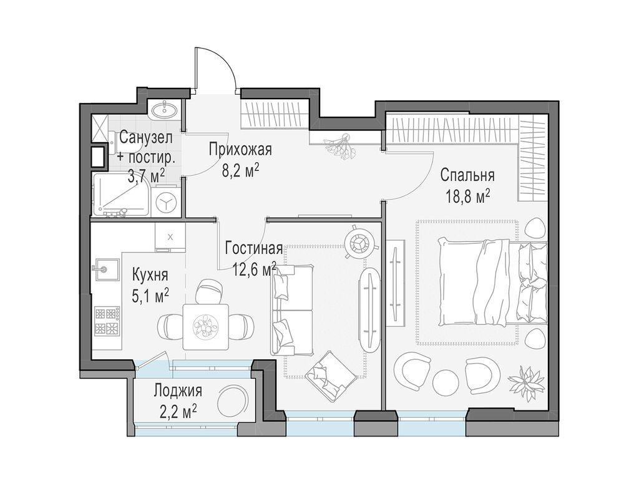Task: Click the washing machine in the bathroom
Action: tap(167, 203)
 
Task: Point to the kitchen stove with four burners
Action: tap(107, 321)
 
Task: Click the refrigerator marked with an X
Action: tap(170, 237)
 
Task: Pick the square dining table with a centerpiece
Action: tap(205, 326)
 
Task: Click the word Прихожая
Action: tap(240, 150)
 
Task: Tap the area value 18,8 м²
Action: tap(467, 196)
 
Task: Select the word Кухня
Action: tap(150, 274)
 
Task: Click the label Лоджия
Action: tap(178, 391)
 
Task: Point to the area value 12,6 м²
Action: tap(254, 269)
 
